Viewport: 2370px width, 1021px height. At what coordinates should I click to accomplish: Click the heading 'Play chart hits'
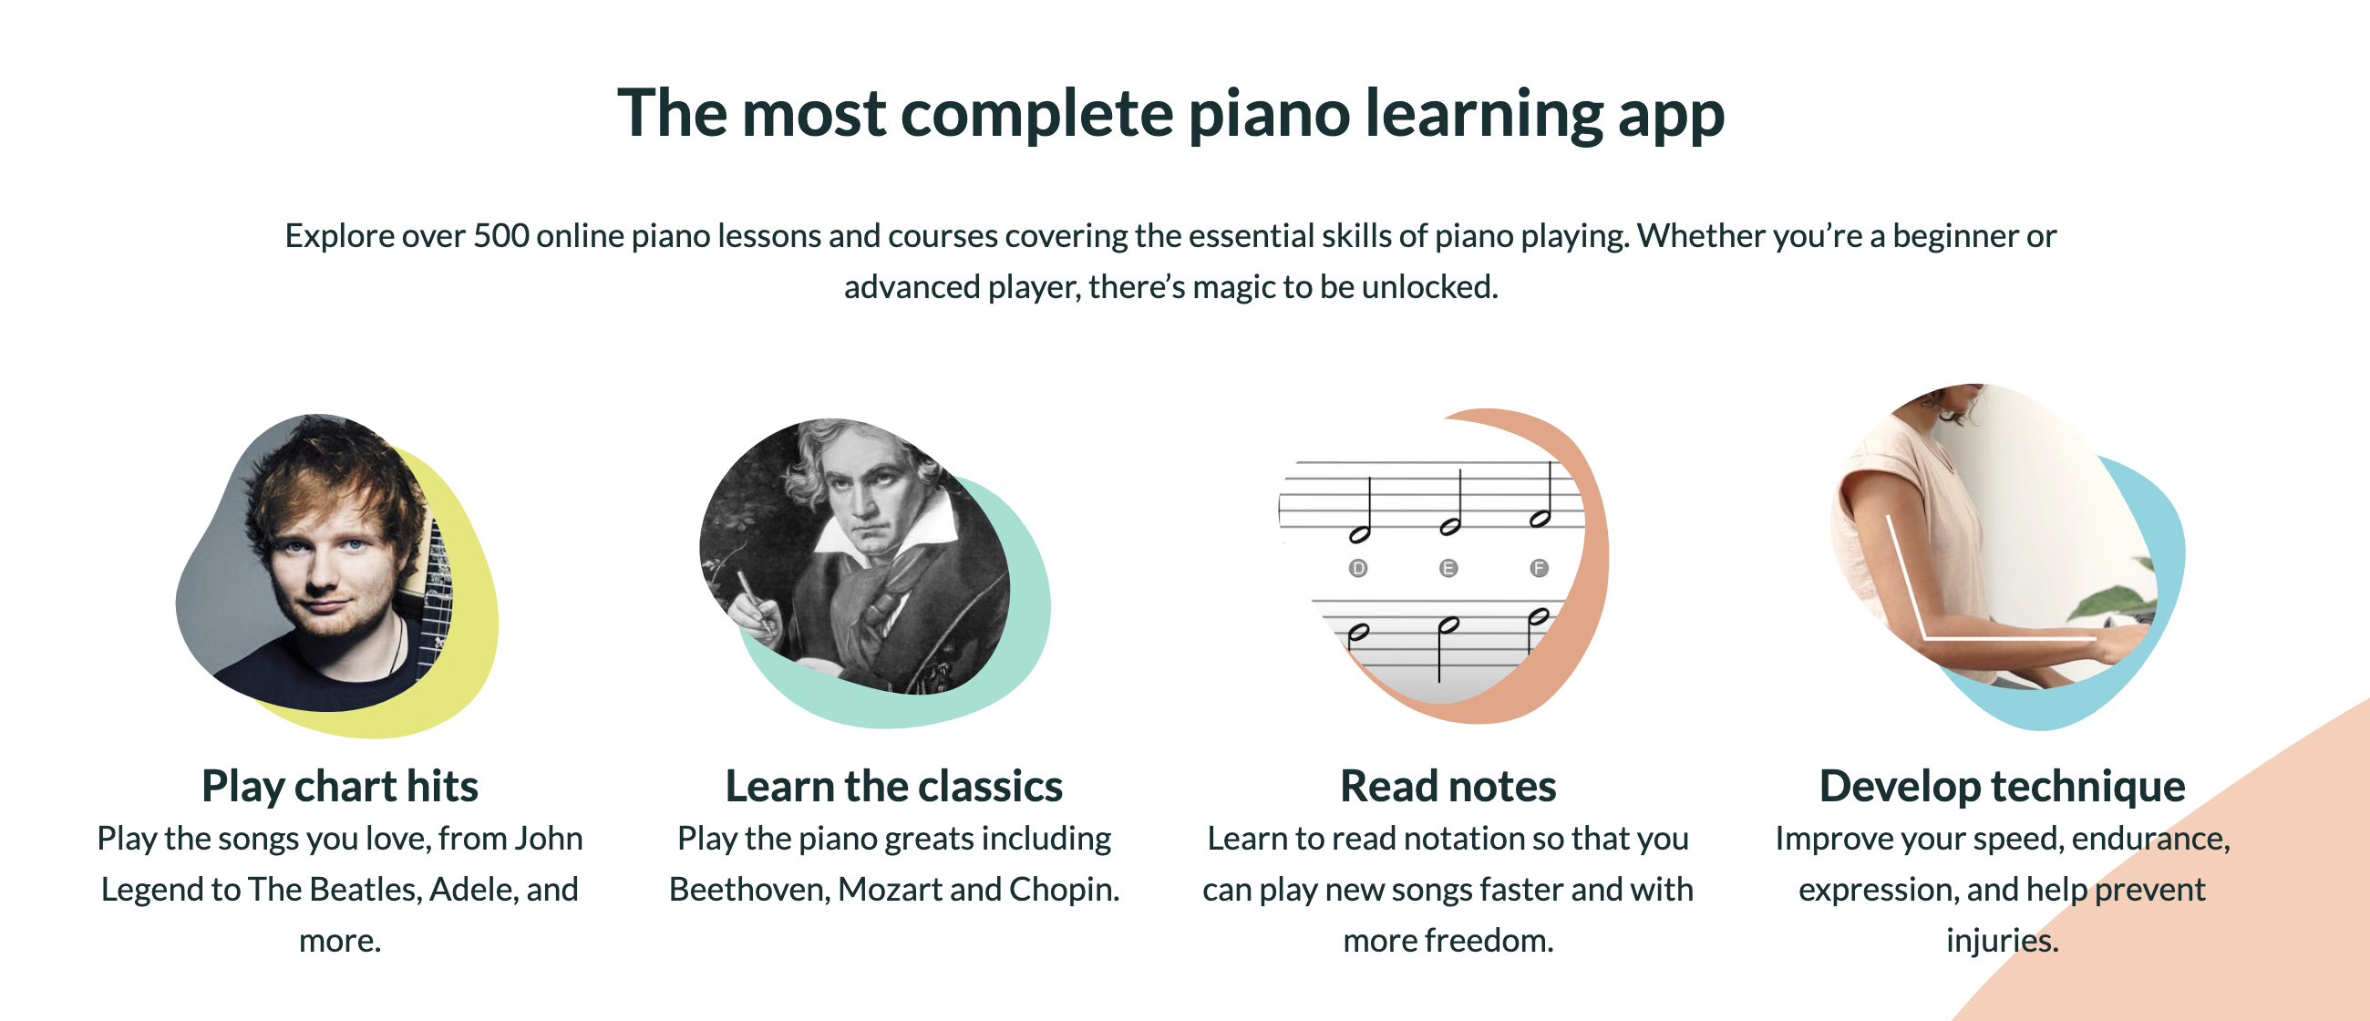339,787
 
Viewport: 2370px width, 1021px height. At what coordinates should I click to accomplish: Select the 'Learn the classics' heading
893,787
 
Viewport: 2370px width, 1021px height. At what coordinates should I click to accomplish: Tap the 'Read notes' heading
1448,787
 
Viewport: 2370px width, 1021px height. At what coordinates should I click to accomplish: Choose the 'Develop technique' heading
2002,787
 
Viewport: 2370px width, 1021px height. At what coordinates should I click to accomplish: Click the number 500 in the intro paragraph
500,236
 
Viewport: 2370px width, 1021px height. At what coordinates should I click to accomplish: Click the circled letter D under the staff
1358,569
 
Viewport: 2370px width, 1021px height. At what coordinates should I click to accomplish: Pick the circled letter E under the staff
1448,569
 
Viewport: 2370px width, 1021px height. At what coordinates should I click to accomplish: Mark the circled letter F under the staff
1539,569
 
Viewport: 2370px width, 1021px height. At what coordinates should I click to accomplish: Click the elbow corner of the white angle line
1924,636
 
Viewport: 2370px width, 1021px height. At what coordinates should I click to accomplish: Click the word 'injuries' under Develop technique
2001,941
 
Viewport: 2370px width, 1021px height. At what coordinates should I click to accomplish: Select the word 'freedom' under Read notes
1488,941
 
